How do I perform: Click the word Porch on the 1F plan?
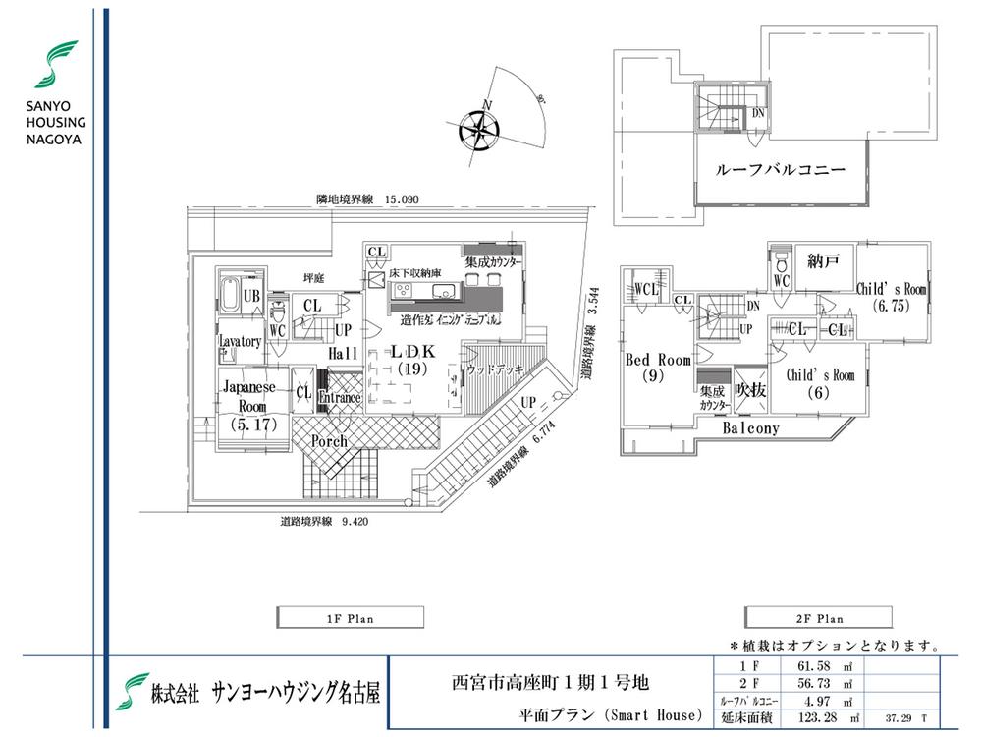tap(330, 441)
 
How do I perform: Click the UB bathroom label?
tap(251, 296)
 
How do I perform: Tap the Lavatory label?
tap(241, 341)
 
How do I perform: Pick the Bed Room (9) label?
tap(658, 368)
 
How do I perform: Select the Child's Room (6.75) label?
tap(892, 297)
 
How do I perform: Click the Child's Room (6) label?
tap(820, 383)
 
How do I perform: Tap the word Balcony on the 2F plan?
tap(751, 428)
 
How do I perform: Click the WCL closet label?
tap(646, 289)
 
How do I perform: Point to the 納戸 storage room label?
tap(821, 261)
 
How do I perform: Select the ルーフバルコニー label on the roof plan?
tap(782, 169)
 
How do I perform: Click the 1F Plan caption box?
tap(350, 618)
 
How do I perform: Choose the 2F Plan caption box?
tap(817, 618)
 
